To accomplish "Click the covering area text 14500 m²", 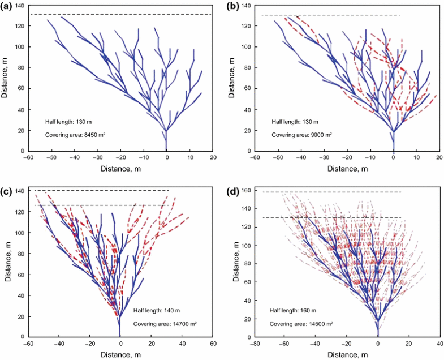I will (301, 323).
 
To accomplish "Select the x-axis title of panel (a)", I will (119, 168).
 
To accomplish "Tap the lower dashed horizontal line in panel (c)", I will (102, 205).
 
